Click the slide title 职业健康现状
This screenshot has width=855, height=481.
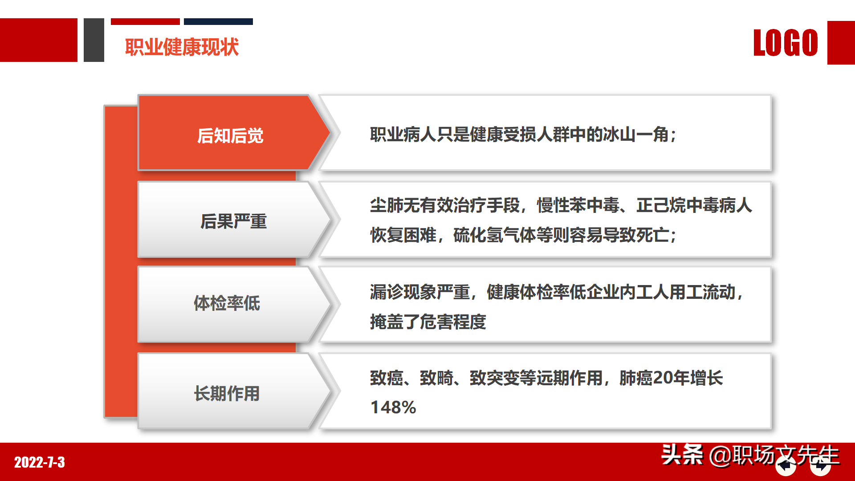(182, 47)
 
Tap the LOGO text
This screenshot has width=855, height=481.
(786, 43)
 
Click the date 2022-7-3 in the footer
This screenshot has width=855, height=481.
(40, 462)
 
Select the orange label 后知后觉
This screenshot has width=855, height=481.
(230, 136)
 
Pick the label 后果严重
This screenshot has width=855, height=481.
(233, 221)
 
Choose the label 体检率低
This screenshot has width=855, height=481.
(227, 303)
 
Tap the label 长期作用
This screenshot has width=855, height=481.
(227, 394)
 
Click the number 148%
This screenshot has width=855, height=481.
(393, 408)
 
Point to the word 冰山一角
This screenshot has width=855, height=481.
(636, 135)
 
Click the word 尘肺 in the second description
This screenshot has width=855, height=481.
(387, 205)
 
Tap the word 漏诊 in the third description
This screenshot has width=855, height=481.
(387, 292)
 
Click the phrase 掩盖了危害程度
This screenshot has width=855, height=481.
(428, 322)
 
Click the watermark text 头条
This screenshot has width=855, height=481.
(682, 455)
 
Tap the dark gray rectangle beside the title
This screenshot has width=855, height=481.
(94, 40)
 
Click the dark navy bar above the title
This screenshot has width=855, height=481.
(218, 21)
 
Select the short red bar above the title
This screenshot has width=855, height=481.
(145, 21)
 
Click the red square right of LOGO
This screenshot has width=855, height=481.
(841, 43)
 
